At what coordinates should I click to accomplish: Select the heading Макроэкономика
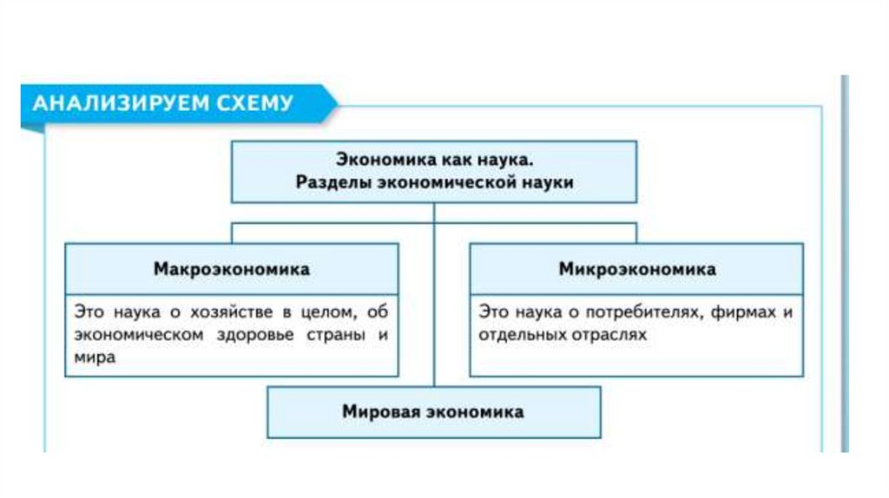coord(232,269)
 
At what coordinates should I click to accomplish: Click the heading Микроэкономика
coord(637,269)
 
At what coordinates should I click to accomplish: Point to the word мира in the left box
coord(94,357)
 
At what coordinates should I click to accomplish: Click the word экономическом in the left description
coord(128,334)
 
